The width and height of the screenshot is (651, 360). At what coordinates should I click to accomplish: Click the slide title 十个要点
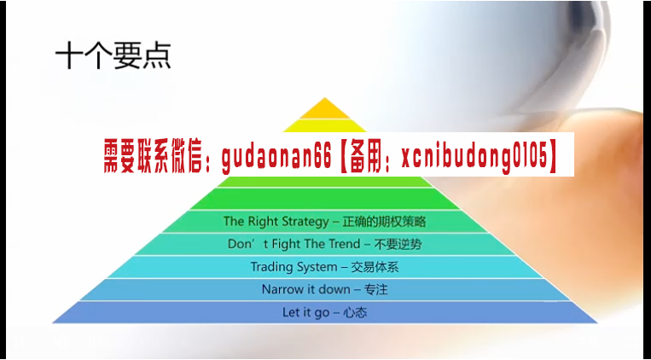pos(113,55)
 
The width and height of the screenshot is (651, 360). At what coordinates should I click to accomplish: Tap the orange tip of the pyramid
pos(325,109)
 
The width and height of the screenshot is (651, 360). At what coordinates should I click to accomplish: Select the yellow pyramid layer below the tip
pos(325,125)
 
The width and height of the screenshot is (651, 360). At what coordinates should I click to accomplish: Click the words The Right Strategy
pos(276,221)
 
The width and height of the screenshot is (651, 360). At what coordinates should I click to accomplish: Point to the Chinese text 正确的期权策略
pos(384,221)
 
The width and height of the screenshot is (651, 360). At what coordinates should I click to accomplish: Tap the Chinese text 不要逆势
pos(398,244)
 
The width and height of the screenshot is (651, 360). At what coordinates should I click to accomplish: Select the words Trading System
pos(294,267)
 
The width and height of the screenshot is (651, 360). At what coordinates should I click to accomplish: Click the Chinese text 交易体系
pos(375,267)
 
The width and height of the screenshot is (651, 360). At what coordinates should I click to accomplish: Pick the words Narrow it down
pos(306,289)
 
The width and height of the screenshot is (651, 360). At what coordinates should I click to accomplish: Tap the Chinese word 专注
pos(375,289)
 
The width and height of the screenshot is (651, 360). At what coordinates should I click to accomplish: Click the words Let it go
pos(306,312)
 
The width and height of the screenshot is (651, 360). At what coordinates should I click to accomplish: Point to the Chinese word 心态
pos(355,312)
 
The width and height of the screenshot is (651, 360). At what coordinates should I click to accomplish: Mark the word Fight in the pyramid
pos(287,244)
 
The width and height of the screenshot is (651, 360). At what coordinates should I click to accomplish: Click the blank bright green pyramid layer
pos(325,199)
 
